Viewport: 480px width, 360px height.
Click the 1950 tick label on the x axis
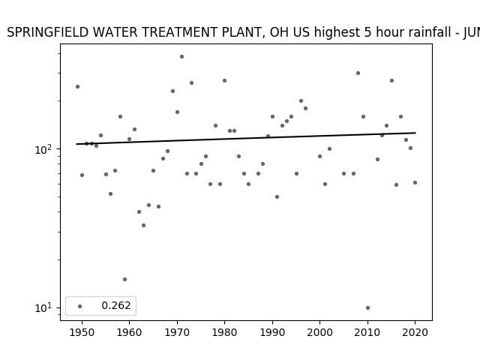pyautogui.click(x=82, y=332)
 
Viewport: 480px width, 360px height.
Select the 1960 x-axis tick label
pyautogui.click(x=129, y=332)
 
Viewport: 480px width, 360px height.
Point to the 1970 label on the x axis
pyautogui.click(x=177, y=332)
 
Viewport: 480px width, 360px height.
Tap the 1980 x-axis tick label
pyautogui.click(x=224, y=332)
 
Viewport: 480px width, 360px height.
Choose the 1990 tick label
pyautogui.click(x=272, y=332)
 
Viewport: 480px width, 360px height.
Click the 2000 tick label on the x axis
pyautogui.click(x=320, y=332)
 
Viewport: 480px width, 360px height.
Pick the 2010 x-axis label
pyautogui.click(x=367, y=332)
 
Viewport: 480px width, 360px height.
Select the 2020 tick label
pyautogui.click(x=415, y=332)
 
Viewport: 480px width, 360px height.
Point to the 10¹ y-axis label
pyautogui.click(x=43, y=307)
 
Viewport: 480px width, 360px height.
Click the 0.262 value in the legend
pyautogui.click(x=116, y=305)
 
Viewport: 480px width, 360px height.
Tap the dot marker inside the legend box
pyautogui.click(x=80, y=306)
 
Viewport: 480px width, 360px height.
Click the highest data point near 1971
pyautogui.click(x=181, y=57)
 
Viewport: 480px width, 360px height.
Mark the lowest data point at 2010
pyautogui.click(x=367, y=308)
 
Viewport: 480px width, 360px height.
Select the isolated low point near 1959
pyautogui.click(x=124, y=279)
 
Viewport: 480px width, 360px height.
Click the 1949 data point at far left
pyautogui.click(x=77, y=87)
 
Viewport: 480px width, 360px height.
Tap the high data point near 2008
pyautogui.click(x=358, y=73)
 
